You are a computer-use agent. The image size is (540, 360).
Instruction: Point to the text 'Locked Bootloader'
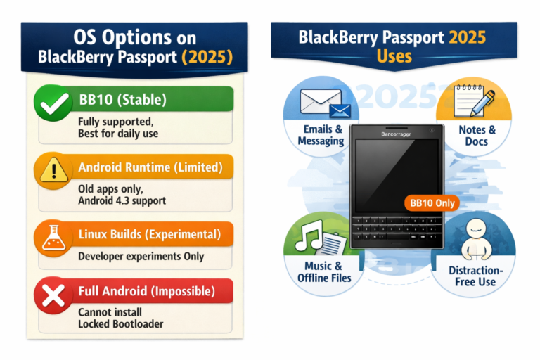(x=122, y=323)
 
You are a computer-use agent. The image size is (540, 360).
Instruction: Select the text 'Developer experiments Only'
(x=141, y=256)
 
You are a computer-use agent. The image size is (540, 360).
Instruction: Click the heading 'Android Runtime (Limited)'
(x=150, y=167)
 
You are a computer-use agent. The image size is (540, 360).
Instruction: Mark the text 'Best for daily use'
(x=118, y=133)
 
